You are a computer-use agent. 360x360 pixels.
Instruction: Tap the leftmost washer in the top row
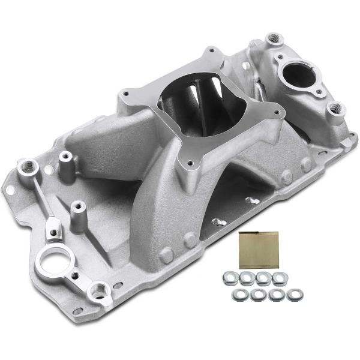pyautogui.click(x=229, y=277)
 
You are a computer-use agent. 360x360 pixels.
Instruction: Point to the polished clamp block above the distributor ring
pyautogui.click(x=52, y=226)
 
